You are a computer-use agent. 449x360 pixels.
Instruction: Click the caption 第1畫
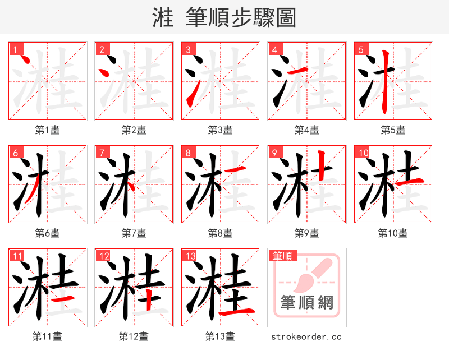pyautogui.click(x=48, y=130)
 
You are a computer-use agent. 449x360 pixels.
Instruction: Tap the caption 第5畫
pyautogui.click(x=393, y=130)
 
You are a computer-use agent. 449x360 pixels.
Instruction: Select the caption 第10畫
pyautogui.click(x=393, y=233)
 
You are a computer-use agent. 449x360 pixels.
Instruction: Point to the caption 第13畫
pyautogui.click(x=220, y=336)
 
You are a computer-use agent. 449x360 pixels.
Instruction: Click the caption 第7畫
pyautogui.click(x=134, y=233)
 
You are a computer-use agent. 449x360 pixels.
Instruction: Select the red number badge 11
pyautogui.click(x=17, y=256)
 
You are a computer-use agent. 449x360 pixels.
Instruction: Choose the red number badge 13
pyautogui.click(x=190, y=256)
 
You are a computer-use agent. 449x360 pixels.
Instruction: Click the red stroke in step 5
pyautogui.click(x=384, y=81)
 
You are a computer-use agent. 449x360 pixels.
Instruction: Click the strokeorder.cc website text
pyautogui.click(x=306, y=337)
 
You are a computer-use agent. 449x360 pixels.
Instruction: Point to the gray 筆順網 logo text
pyautogui.click(x=307, y=303)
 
